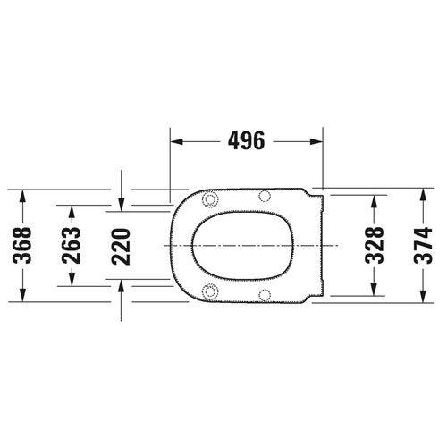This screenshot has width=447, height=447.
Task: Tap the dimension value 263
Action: (72, 243)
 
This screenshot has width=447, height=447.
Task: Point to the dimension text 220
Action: (122, 243)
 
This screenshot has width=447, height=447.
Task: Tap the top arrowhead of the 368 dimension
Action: (23, 195)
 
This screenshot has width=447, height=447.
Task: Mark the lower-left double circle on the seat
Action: (210, 290)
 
